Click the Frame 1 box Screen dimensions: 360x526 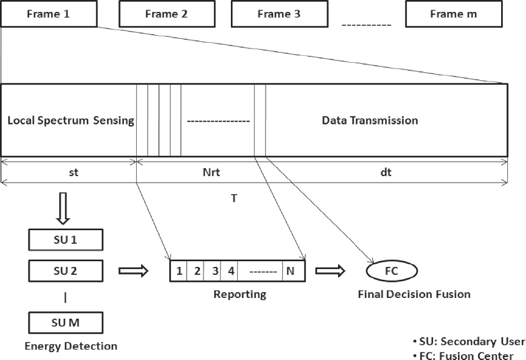(x=49, y=14)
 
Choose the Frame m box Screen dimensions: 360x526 (x=454, y=14)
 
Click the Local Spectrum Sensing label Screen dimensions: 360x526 (x=71, y=121)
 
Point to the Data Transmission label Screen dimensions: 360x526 (x=370, y=121)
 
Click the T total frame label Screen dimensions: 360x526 (x=234, y=198)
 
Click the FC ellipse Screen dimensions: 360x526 (x=391, y=271)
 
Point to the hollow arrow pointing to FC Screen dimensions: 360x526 (x=333, y=271)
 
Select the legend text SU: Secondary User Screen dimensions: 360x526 (x=469, y=341)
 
